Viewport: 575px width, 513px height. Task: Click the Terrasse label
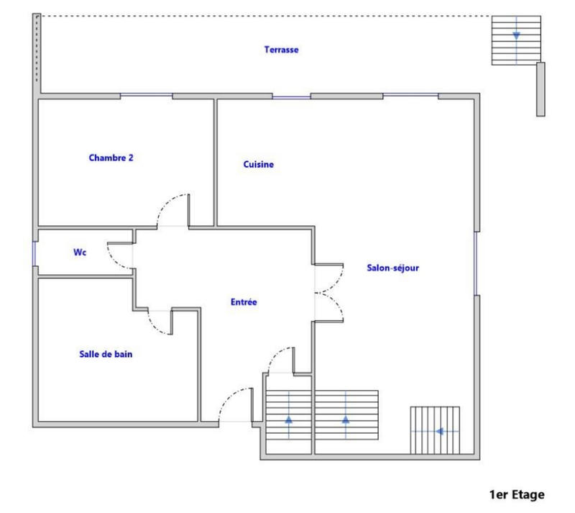(x=281, y=50)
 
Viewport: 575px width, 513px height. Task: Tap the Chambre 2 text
(x=111, y=158)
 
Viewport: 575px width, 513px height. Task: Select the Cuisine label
(x=258, y=165)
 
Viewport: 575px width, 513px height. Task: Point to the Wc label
(x=80, y=253)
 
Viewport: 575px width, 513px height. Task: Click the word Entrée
(x=244, y=303)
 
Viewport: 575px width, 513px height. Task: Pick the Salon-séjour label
(x=392, y=268)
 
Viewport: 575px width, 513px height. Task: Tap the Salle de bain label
(x=106, y=354)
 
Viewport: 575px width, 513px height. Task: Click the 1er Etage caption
(x=517, y=494)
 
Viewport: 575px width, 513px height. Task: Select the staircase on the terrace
(x=516, y=40)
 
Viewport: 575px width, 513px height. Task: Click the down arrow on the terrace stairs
(x=516, y=35)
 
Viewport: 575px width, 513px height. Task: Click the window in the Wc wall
(x=34, y=253)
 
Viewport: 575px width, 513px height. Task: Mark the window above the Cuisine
(x=291, y=96)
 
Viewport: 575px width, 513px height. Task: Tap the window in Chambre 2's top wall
(x=146, y=95)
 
